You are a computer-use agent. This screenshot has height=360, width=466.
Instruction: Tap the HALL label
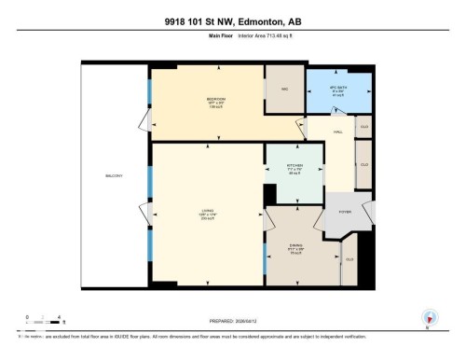point(338,132)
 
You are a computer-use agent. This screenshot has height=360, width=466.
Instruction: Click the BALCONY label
point(114,176)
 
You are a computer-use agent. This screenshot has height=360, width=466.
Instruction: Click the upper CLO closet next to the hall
point(364,126)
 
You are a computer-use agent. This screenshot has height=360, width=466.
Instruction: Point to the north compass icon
point(430,316)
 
